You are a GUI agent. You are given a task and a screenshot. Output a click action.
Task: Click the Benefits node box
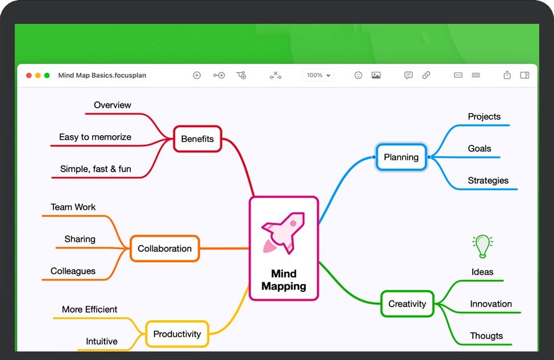197,139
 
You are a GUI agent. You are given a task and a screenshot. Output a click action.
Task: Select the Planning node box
401,157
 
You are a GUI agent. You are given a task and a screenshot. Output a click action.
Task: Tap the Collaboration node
165,249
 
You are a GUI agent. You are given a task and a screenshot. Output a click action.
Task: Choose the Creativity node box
407,304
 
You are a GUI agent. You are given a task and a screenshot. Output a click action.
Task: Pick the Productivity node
177,334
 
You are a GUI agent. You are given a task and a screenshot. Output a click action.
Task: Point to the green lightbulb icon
482,246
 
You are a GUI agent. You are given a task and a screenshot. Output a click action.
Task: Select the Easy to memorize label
95,137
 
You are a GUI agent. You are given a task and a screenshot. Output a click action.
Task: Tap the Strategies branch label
488,181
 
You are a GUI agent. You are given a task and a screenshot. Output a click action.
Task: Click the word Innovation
491,304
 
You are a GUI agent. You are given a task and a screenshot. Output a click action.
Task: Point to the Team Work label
73,207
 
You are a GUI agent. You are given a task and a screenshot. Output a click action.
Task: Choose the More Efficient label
90,309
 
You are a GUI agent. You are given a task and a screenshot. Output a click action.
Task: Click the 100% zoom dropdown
318,75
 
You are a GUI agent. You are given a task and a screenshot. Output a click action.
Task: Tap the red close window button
29,75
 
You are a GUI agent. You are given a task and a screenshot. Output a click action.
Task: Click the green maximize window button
47,75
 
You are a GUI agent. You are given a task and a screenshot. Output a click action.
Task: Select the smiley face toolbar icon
358,75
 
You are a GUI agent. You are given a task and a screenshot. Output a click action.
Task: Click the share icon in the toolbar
507,75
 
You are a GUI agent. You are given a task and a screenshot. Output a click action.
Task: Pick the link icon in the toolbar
426,75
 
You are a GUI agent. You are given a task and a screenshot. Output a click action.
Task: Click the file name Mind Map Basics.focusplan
102,75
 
